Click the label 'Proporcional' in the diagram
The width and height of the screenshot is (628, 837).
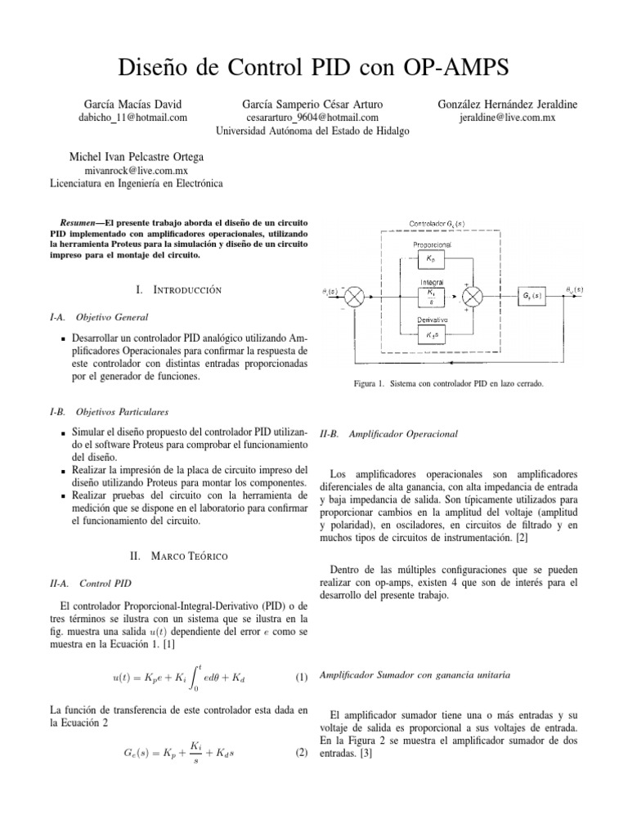(430, 244)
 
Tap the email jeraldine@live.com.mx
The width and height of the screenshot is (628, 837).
(508, 117)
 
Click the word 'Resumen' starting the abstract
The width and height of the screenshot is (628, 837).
(81, 222)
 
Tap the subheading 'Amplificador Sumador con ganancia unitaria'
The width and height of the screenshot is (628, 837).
(415, 675)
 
